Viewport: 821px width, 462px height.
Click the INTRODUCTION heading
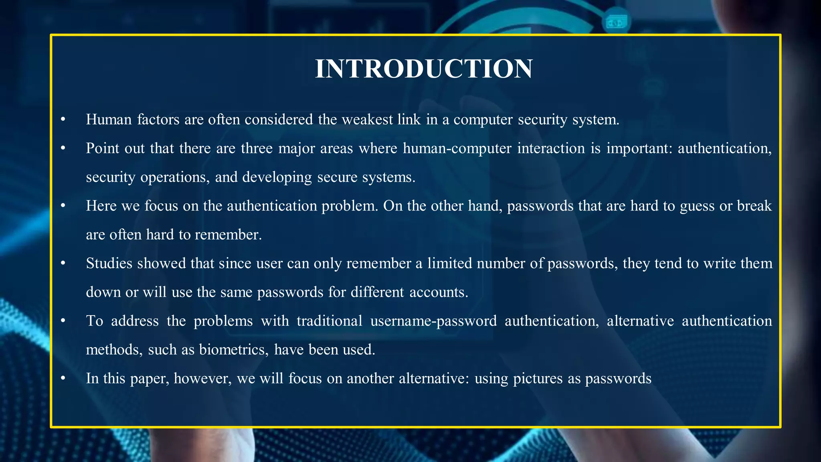pos(424,69)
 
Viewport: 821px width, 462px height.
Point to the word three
pos(256,148)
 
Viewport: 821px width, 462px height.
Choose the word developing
pos(277,177)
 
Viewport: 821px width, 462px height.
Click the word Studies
pos(109,263)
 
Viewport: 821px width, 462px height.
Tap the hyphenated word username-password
pos(433,321)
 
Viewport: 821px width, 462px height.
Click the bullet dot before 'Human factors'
pos(63,120)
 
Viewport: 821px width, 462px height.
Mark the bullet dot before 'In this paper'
pos(63,379)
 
